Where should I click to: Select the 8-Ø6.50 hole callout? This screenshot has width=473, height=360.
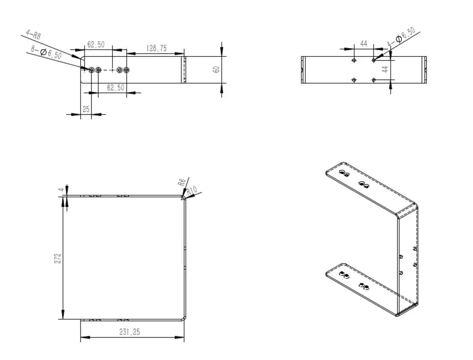[46, 52]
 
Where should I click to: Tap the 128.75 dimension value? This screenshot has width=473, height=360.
[156, 48]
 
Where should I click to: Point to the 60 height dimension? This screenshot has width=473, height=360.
[216, 69]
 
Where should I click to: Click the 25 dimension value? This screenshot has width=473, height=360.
[86, 108]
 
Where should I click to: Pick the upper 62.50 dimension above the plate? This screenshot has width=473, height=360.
[96, 44]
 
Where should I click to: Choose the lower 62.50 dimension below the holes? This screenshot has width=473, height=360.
[116, 88]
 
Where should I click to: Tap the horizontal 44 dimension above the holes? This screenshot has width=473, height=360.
[364, 44]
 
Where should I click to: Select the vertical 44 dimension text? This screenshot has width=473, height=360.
[385, 69]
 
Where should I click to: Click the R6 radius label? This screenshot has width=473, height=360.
[181, 182]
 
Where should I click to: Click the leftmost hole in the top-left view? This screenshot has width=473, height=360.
[92, 70]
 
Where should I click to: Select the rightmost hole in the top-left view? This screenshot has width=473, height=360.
[127, 70]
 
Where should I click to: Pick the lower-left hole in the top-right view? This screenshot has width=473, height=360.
[354, 80]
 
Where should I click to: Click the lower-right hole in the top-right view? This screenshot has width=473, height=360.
[373, 80]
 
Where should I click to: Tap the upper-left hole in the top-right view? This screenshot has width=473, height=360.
[354, 60]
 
